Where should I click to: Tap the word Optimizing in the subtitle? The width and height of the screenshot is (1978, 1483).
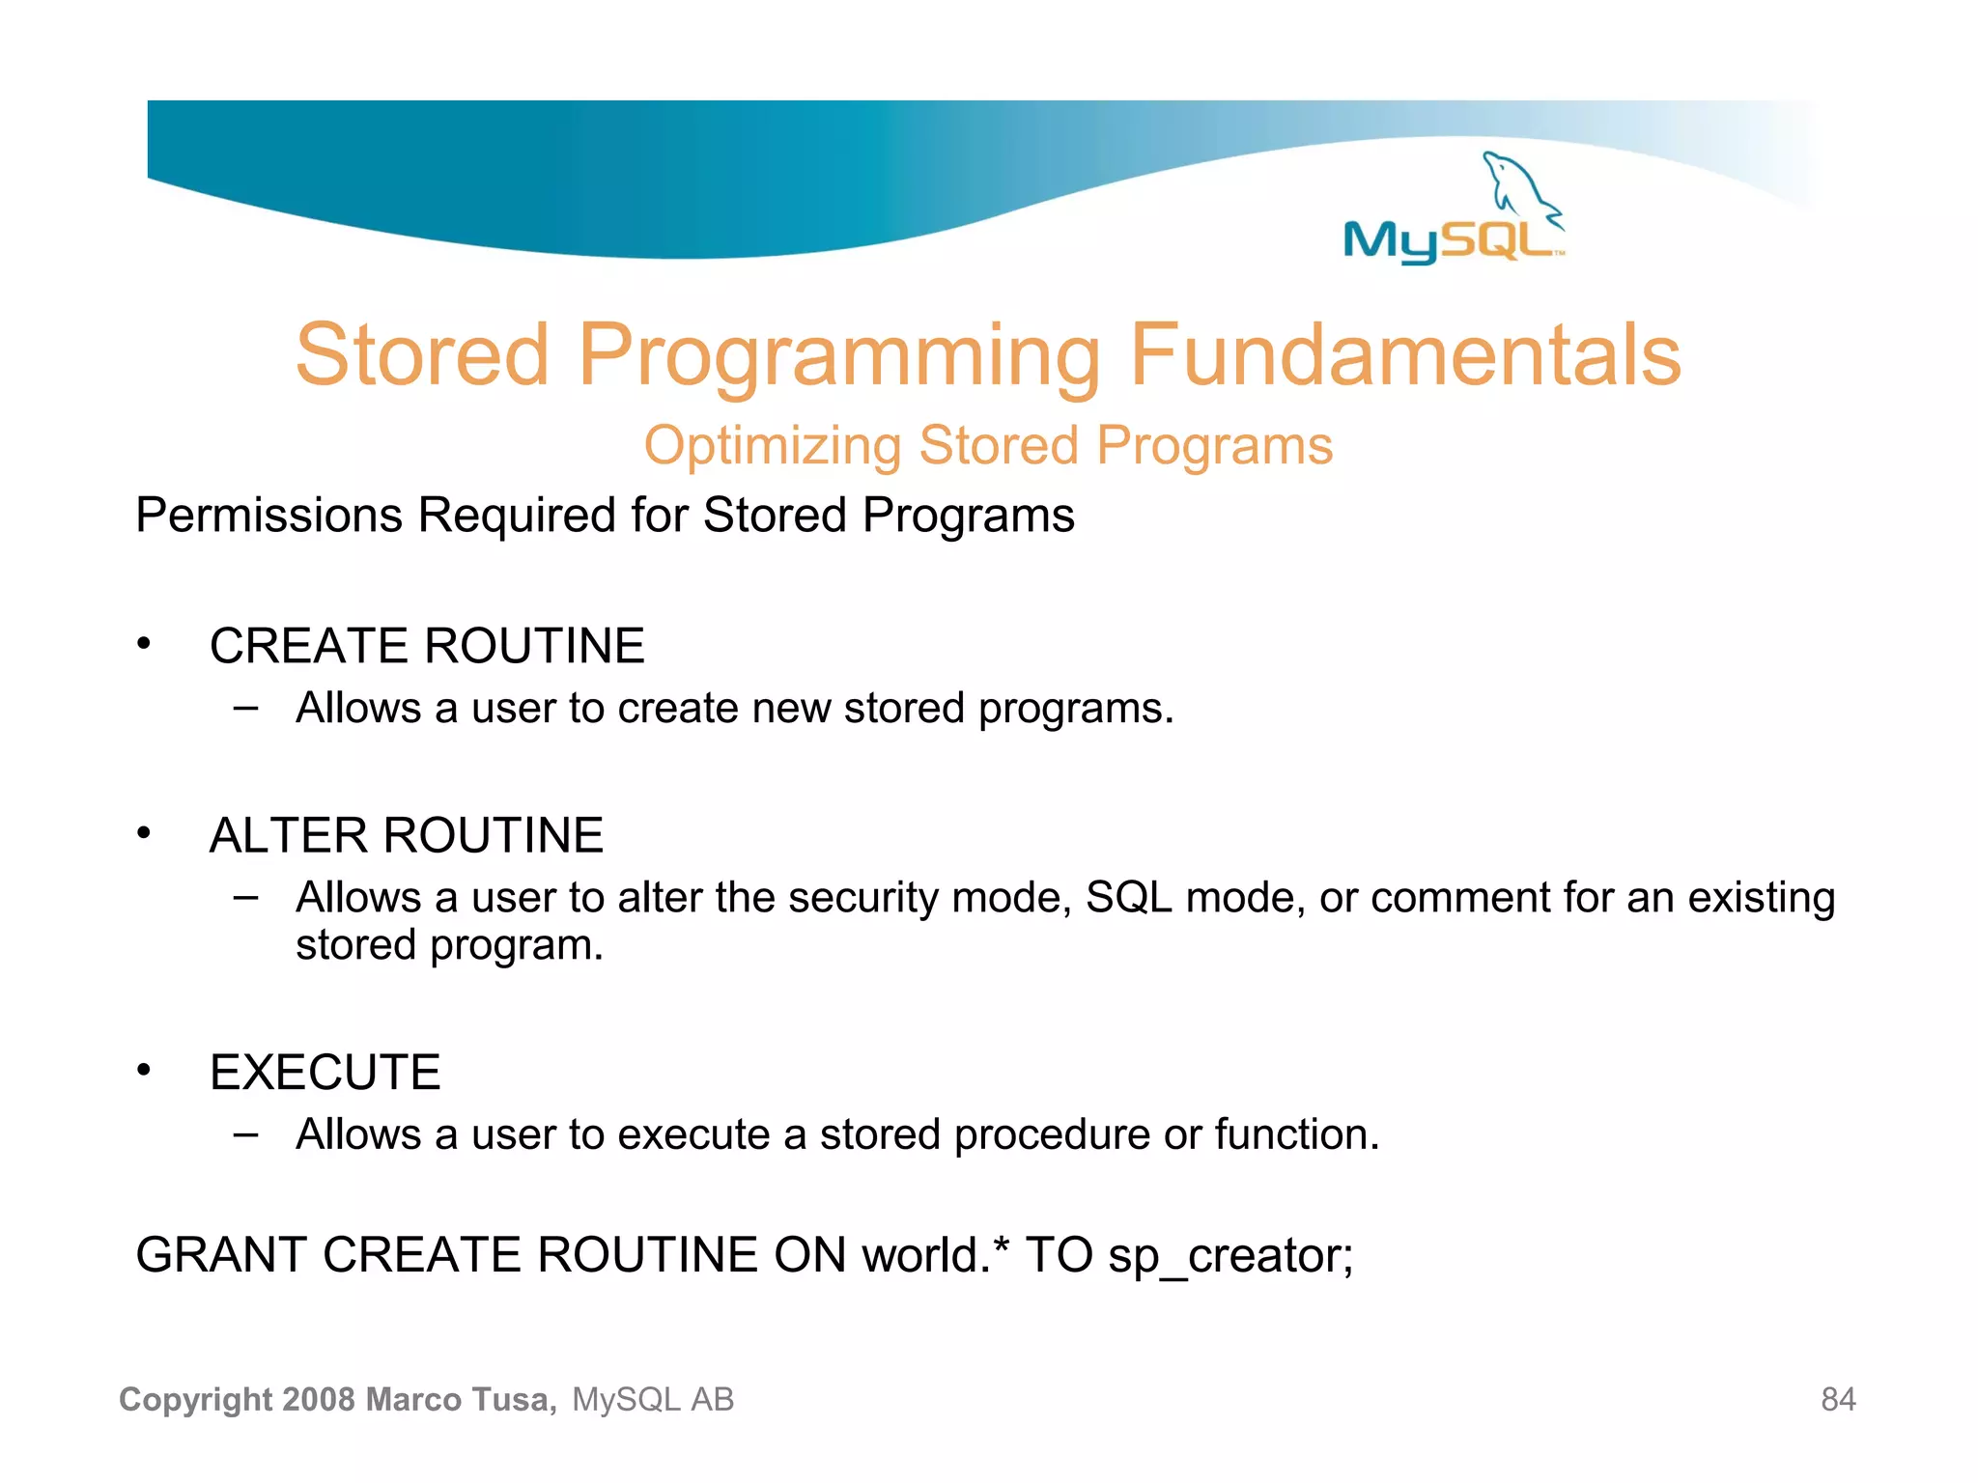point(772,447)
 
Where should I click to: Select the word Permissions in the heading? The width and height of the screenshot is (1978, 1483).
point(268,516)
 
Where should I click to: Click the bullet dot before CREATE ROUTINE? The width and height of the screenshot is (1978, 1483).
point(144,643)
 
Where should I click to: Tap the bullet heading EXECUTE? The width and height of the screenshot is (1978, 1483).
point(325,1073)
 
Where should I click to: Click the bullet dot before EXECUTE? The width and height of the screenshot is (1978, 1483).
point(144,1070)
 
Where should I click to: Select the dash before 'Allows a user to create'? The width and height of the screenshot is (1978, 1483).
point(246,708)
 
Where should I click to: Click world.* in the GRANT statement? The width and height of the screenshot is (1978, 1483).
point(935,1256)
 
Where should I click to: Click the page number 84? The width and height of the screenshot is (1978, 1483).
point(1838,1400)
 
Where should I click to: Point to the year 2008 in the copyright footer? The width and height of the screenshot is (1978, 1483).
point(320,1400)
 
